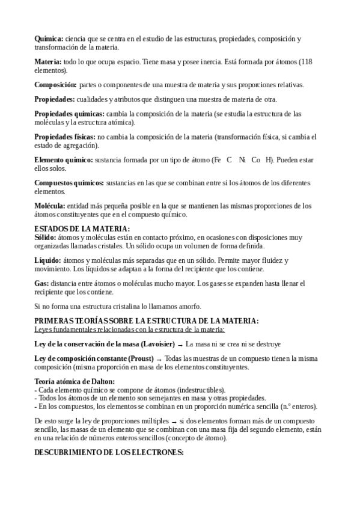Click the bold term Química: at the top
click(x=49, y=38)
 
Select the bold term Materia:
click(x=48, y=62)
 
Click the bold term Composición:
click(x=55, y=85)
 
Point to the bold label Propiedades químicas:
click(x=69, y=114)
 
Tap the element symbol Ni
click(x=242, y=160)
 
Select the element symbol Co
click(x=255, y=160)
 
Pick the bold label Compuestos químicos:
click(x=69, y=183)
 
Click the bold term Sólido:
click(x=46, y=238)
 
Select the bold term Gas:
click(x=41, y=283)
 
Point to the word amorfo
click(x=189, y=306)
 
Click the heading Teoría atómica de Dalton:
click(x=75, y=381)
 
